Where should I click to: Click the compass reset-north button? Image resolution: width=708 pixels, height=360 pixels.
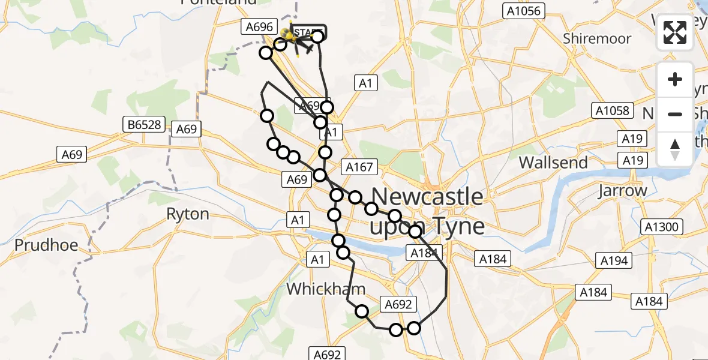pyautogui.click(x=675, y=149)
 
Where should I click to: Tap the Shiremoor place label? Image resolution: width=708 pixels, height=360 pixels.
pyautogui.click(x=597, y=39)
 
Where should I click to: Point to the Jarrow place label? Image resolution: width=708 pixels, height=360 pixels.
pyautogui.click(x=622, y=191)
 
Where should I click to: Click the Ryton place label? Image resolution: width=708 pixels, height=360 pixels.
pyautogui.click(x=188, y=214)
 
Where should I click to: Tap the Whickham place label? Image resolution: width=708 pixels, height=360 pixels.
pyautogui.click(x=326, y=289)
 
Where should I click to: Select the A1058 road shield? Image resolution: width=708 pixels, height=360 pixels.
pyautogui.click(x=611, y=110)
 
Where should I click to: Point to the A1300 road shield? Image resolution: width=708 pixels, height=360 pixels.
pyautogui.click(x=660, y=227)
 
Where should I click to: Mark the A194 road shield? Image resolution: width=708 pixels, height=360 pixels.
pyautogui.click(x=614, y=260)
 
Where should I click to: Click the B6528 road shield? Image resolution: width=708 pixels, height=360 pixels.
pyautogui.click(x=144, y=125)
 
